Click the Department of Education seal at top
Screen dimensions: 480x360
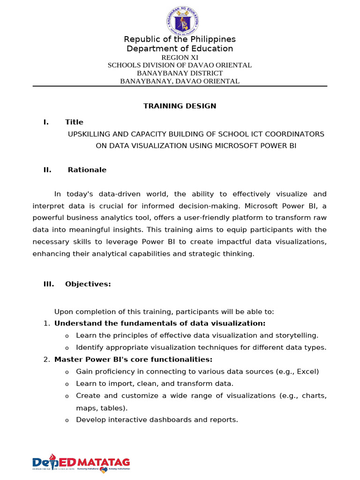click(x=183, y=19)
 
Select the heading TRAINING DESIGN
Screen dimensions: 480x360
click(x=180, y=106)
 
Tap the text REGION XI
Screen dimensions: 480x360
click(x=180, y=57)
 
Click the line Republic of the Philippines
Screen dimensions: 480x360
click(x=180, y=39)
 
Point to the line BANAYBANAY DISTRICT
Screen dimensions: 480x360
click(x=180, y=73)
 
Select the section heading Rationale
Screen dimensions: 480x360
click(x=87, y=170)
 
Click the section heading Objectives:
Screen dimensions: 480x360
click(x=88, y=284)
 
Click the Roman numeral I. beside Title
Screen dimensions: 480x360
click(x=46, y=122)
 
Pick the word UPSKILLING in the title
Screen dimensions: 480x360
click(x=90, y=134)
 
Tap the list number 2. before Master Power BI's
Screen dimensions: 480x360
click(x=46, y=360)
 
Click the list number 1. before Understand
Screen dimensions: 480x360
click(x=46, y=323)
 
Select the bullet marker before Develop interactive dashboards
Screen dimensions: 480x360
click(x=67, y=420)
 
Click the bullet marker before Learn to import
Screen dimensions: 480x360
click(x=67, y=384)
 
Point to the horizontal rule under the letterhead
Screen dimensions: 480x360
click(x=180, y=86)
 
